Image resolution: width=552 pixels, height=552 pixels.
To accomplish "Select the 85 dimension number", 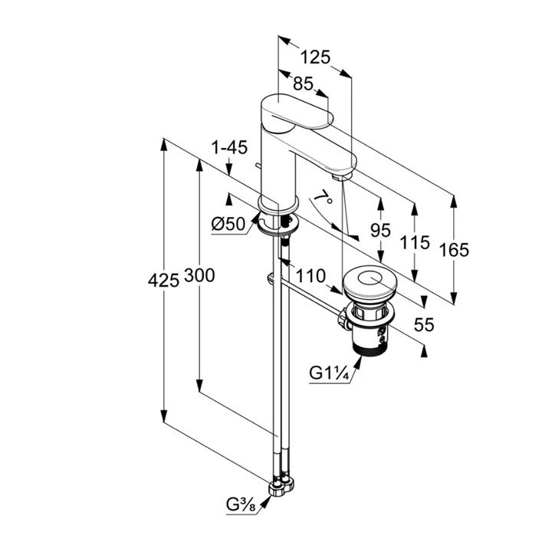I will (303, 84).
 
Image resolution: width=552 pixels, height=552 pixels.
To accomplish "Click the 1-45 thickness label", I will (229, 146).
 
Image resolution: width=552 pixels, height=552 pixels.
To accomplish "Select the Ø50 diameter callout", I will (227, 225).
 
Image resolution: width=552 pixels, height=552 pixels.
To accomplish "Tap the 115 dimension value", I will (415, 244).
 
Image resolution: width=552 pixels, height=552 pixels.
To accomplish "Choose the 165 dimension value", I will (455, 249).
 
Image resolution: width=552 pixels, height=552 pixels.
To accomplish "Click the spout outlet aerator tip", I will (343, 176).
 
